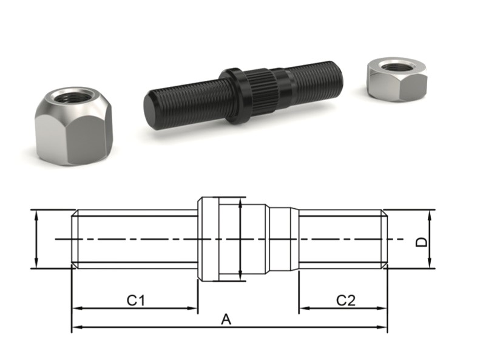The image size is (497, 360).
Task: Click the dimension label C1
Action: (x=135, y=299)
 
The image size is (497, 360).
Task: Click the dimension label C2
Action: (x=345, y=299)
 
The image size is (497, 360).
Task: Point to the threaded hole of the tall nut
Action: (x=70, y=96)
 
